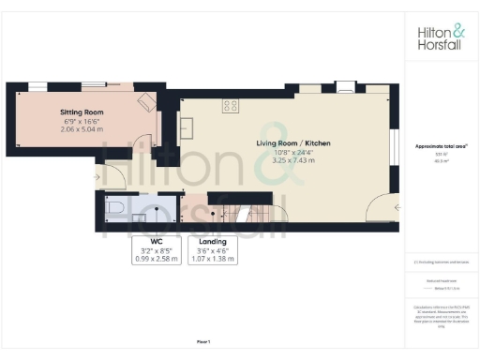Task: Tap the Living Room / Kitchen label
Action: click(293, 143)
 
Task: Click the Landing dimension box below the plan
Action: click(214, 251)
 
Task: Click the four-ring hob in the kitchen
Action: click(231, 106)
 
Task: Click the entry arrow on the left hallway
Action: click(97, 174)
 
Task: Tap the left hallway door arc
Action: click(114, 174)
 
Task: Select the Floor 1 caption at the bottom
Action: click(203, 341)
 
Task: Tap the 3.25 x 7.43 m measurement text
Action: click(293, 160)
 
